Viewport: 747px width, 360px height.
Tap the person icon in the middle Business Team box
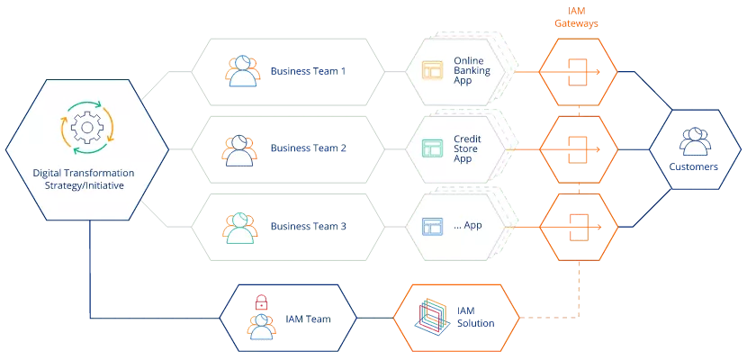point(238,149)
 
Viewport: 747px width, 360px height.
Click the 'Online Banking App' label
point(472,72)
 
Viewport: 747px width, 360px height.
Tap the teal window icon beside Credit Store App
point(435,148)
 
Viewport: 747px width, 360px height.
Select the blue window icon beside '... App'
point(435,225)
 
